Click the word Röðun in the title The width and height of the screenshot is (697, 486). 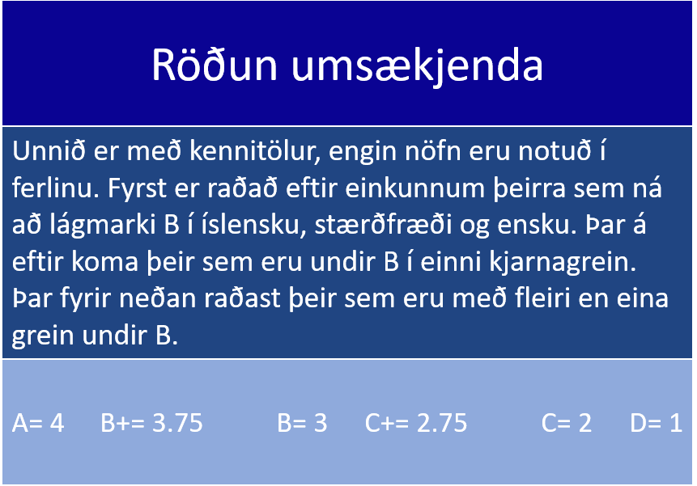coord(215,65)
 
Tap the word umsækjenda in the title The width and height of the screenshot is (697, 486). coord(417,66)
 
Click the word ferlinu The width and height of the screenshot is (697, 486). coord(56,188)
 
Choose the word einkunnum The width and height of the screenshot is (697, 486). coord(414,188)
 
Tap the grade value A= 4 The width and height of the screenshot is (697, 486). coord(38,423)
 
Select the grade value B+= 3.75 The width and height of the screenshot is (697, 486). coord(151,423)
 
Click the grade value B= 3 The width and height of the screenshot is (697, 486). coord(302,423)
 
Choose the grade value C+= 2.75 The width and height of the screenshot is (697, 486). coord(416,423)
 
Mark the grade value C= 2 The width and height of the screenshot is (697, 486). coord(567,423)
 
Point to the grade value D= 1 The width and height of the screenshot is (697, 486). coord(656,423)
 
